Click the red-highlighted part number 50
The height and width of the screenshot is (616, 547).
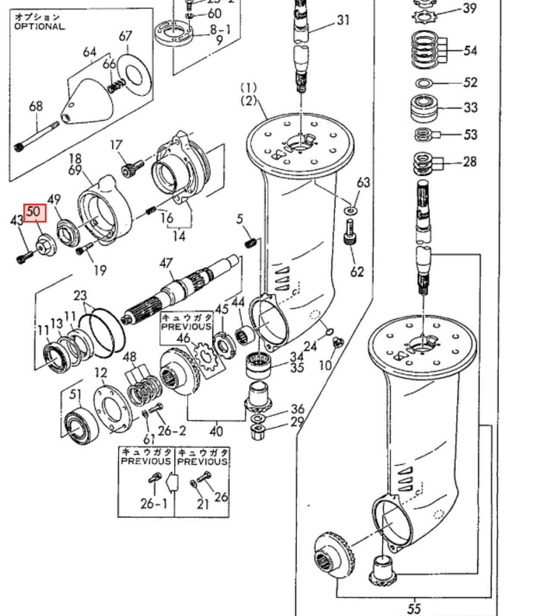click(35, 213)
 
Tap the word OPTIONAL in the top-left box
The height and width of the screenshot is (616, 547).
click(39, 26)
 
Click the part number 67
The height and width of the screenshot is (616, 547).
click(125, 36)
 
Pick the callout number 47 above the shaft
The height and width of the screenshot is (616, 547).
click(166, 263)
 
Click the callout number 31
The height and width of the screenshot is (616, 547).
click(343, 20)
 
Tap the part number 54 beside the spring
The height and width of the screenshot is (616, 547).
click(470, 50)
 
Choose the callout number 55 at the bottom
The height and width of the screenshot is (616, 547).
click(414, 608)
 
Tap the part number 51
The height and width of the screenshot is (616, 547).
click(75, 394)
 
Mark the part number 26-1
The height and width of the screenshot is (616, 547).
click(153, 503)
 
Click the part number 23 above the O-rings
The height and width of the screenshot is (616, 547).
click(80, 295)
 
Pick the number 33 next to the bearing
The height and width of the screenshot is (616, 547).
click(470, 107)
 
